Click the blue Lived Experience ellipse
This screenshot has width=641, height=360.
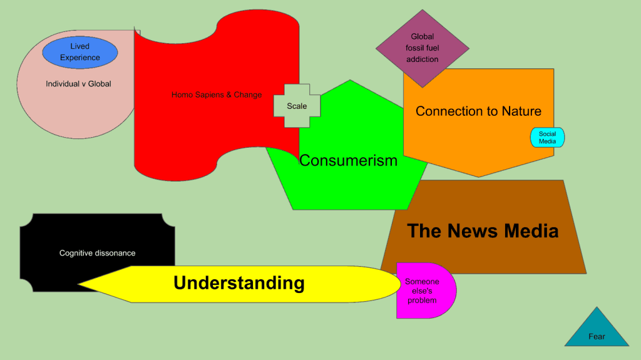[80, 52]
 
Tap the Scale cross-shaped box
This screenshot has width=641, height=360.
[297, 106]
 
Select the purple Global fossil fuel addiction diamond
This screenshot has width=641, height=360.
[423, 48]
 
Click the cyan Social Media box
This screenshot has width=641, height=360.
[547, 138]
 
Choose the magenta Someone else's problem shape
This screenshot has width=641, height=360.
[424, 291]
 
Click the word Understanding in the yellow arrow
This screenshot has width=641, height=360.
[239, 283]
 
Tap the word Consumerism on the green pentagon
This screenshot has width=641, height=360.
[348, 160]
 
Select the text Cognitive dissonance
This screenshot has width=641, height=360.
[97, 253]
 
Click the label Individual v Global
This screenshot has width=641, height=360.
[78, 84]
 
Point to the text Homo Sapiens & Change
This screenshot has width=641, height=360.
[217, 95]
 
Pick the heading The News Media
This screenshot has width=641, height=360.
[483, 231]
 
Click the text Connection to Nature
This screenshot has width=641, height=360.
[478, 111]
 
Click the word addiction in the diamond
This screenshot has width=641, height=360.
[423, 59]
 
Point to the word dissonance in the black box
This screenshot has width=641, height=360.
[115, 253]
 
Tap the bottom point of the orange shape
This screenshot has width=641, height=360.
[479, 177]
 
